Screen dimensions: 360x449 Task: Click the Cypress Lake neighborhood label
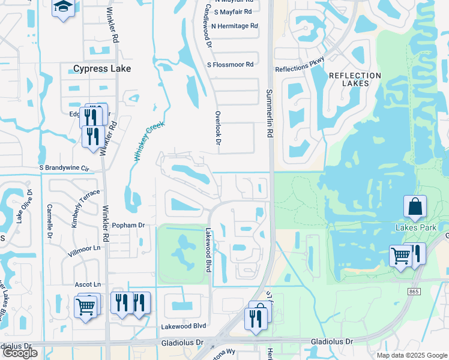pos(102,69)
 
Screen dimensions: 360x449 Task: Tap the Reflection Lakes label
pos(355,79)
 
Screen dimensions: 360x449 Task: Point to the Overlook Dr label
pos(218,128)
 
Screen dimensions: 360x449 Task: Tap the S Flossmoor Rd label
pos(230,64)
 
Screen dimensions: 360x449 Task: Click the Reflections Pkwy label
pos(300,65)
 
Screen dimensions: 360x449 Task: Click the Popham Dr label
pos(129,225)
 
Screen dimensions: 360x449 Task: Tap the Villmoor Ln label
pos(84,248)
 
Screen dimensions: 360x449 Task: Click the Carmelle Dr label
pos(47,221)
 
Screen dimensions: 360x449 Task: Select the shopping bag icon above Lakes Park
pos(415,208)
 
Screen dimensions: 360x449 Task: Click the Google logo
pos(20,353)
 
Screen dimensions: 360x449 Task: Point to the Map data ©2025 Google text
pos(411,355)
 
